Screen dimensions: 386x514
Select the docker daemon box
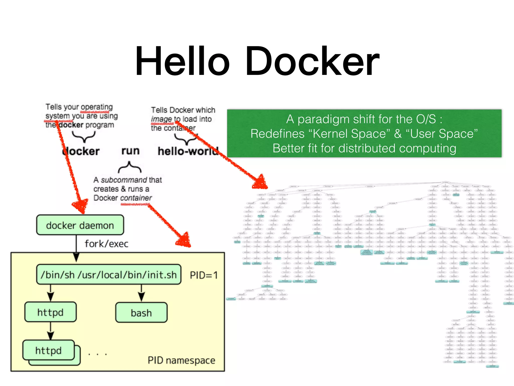point(80,225)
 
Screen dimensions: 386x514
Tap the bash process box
point(141,313)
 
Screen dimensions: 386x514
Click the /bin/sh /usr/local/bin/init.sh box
point(109,275)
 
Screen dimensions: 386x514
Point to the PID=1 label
point(204,275)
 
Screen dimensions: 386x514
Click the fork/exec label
point(106,244)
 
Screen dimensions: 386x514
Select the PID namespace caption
point(181,360)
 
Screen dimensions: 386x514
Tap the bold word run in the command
point(130,151)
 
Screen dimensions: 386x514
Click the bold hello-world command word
point(188,151)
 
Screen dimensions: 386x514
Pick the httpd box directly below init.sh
point(50,312)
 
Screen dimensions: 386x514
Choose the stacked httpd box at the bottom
point(49,351)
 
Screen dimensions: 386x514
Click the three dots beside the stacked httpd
point(98,354)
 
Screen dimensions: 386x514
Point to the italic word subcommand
point(124,180)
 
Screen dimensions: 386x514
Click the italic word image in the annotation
point(161,119)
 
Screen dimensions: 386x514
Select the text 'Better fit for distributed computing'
point(364,148)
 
